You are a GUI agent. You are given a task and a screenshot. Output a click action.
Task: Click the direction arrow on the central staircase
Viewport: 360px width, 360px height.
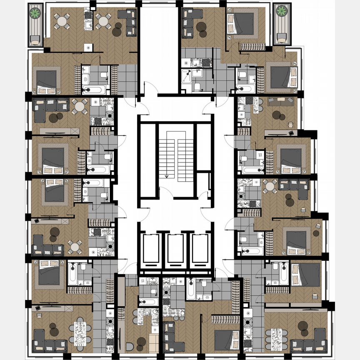(167, 176)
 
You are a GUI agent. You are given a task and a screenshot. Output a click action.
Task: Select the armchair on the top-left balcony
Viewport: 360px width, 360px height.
(35, 40)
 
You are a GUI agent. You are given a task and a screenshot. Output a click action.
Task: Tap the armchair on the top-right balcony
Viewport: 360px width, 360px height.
(282, 39)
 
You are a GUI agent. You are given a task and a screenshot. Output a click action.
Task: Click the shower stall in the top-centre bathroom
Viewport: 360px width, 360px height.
(188, 77)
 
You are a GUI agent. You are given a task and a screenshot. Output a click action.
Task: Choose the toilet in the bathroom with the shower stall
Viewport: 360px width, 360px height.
(197, 87)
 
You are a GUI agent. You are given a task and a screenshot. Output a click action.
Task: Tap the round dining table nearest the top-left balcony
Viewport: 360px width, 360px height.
(62, 20)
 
